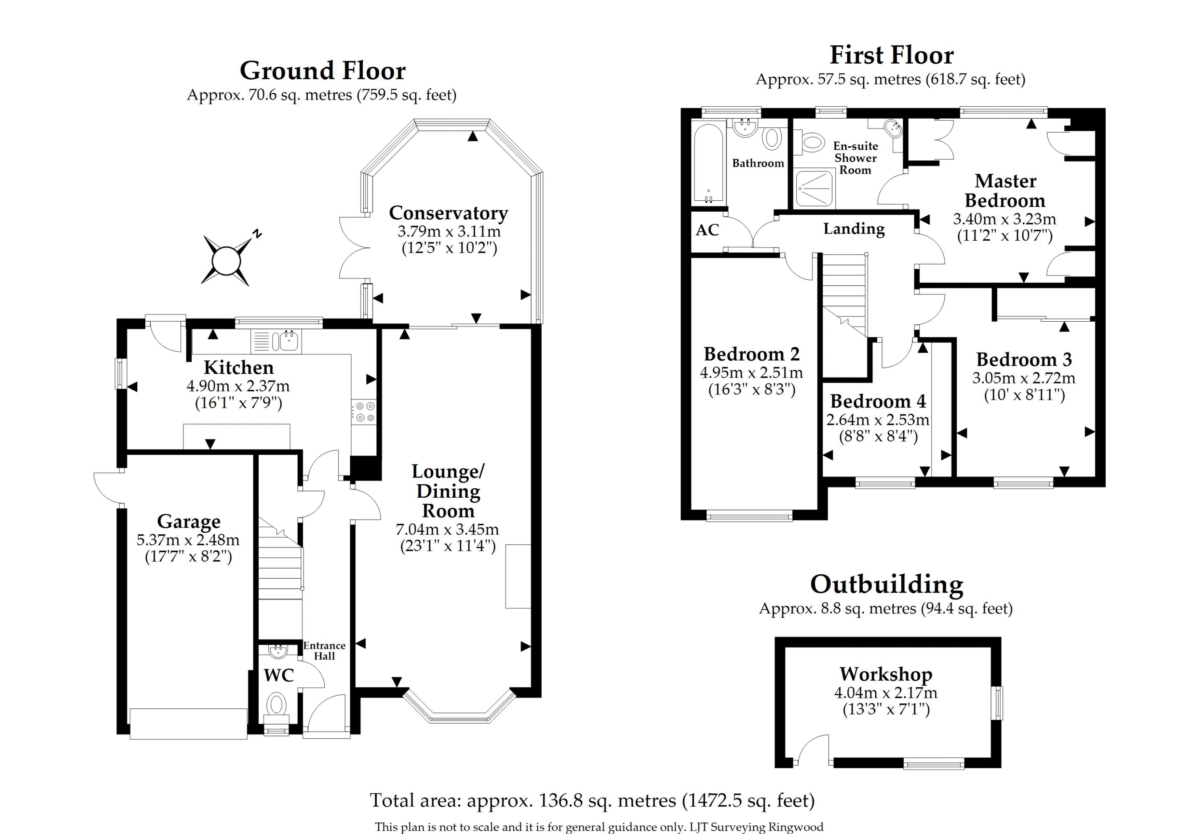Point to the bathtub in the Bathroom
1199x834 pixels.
pyautogui.click(x=708, y=163)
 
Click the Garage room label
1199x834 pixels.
pyautogui.click(x=189, y=521)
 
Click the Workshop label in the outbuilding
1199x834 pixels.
pyautogui.click(x=886, y=674)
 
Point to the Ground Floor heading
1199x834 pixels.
pyautogui.click(x=322, y=70)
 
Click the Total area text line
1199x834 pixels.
pyautogui.click(x=592, y=801)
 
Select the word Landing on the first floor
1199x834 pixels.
pyautogui.click(x=854, y=229)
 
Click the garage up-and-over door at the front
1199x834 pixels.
pyautogui.click(x=189, y=723)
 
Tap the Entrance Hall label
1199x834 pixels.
pyautogui.click(x=324, y=651)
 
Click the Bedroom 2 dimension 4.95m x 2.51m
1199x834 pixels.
pyautogui.click(x=751, y=373)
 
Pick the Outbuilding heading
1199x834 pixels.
pyautogui.click(x=886, y=585)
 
